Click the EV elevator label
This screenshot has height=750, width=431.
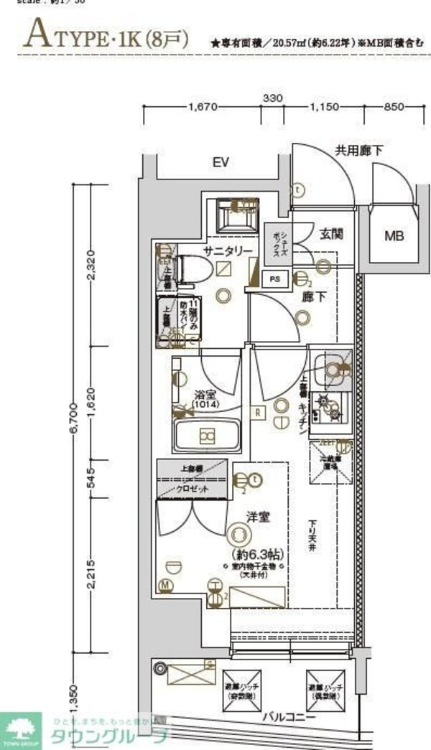(x=221, y=162)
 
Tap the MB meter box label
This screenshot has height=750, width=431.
(x=393, y=235)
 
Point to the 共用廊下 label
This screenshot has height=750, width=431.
(x=359, y=150)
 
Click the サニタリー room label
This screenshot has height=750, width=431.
(x=227, y=250)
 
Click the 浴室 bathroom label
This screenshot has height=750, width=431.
(x=204, y=394)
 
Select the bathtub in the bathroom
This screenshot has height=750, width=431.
(x=207, y=435)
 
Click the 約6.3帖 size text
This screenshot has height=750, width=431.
(x=258, y=555)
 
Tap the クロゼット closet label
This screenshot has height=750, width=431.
(x=194, y=488)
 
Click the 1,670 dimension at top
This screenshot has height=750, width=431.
(x=202, y=108)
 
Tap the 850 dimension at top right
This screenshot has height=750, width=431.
(x=394, y=108)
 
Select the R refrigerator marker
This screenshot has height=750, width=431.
(x=257, y=412)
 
